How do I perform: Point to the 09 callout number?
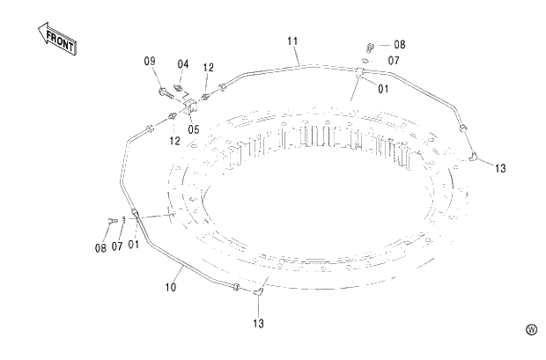[x=150, y=61]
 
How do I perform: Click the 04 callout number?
[x=182, y=63]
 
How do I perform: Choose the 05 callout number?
[x=193, y=129]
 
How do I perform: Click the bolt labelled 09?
[x=164, y=90]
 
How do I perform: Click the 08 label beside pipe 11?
[x=399, y=44]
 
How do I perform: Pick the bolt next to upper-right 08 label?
[x=370, y=45]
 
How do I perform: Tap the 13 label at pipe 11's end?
[x=499, y=167]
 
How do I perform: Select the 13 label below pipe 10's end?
[x=259, y=324]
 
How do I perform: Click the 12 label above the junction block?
[x=209, y=67]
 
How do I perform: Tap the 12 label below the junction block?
[x=175, y=140]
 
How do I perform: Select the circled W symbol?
[x=531, y=330]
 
